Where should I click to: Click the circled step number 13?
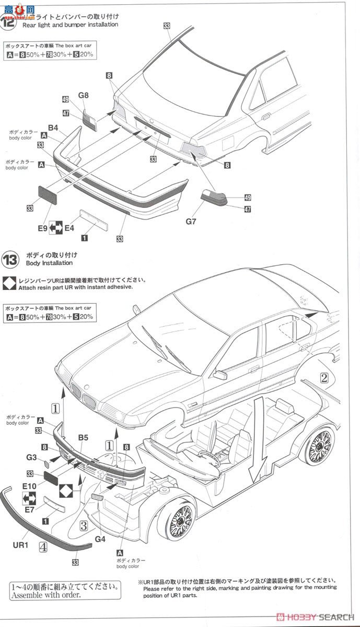pyautogui.click(x=10, y=259)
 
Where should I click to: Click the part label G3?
pyautogui.click(x=31, y=458)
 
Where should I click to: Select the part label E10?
pyautogui.click(x=29, y=486)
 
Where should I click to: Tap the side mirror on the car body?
pyautogui.click(x=220, y=375)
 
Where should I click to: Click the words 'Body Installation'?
pyautogui.click(x=49, y=264)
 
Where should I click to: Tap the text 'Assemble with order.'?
pyautogui.click(x=46, y=595)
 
